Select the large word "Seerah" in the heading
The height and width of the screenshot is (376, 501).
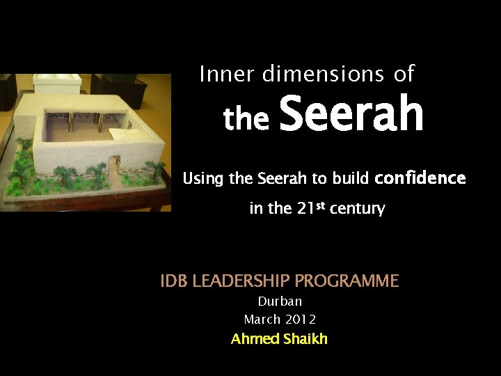(351, 116)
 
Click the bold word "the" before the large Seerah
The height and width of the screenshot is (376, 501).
(246, 119)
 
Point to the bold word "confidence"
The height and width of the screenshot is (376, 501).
(420, 178)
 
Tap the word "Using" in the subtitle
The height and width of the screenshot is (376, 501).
(203, 180)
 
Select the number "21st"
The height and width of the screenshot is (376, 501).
(301, 208)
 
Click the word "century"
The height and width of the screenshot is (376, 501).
(357, 209)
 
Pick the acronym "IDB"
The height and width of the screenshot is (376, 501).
(174, 281)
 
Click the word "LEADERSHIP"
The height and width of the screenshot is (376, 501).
(241, 281)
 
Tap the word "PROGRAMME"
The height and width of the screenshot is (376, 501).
(347, 281)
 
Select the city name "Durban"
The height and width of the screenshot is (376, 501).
(280, 301)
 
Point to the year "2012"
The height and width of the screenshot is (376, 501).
(300, 320)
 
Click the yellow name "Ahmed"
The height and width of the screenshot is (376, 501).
(254, 339)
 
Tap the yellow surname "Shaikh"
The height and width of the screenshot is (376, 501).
(304, 339)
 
